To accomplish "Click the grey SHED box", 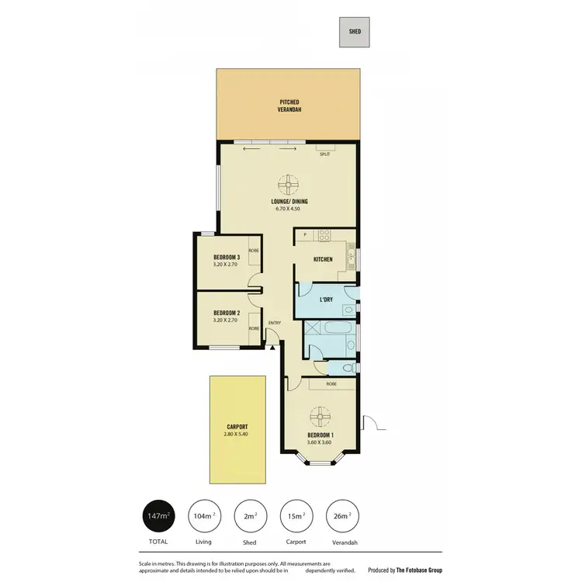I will [355, 32].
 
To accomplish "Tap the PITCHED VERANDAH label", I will [289, 106].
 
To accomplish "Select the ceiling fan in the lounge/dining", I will [289, 185].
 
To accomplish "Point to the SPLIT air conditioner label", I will [324, 154].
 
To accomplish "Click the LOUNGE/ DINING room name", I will [289, 201].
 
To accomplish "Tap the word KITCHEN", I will [323, 259].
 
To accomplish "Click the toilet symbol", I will [350, 367].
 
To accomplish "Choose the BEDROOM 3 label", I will [227, 258].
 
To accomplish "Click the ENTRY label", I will [274, 323].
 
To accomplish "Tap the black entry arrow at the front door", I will [273, 348].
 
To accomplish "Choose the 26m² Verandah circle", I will [342, 515].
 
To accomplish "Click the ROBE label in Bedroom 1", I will [331, 383].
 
